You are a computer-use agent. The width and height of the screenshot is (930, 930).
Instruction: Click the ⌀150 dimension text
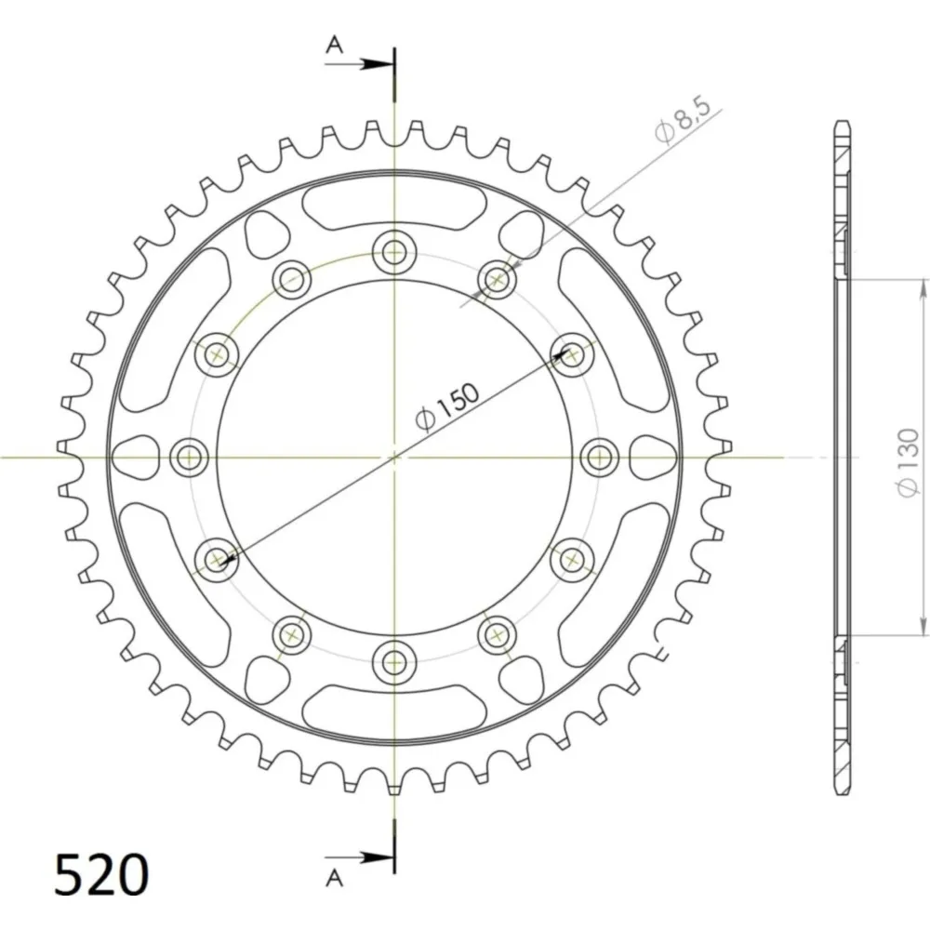pos(447,405)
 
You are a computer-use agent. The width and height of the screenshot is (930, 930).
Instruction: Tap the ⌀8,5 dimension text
pos(682,121)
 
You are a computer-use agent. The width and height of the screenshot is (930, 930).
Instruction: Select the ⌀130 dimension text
pos(908,462)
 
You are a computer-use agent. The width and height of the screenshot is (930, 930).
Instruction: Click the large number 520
pos(101,874)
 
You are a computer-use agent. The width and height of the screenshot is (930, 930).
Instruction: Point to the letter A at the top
pos(335,44)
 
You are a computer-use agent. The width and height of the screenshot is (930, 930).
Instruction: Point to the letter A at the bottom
pos(335,878)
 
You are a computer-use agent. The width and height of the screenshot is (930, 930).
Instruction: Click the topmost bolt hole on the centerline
pos(393,252)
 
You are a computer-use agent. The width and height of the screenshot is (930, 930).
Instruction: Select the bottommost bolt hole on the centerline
pos(393,662)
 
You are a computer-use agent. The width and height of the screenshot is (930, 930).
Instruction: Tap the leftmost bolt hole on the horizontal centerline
pos(189,458)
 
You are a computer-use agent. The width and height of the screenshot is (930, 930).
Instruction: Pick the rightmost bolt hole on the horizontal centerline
pos(599,458)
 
